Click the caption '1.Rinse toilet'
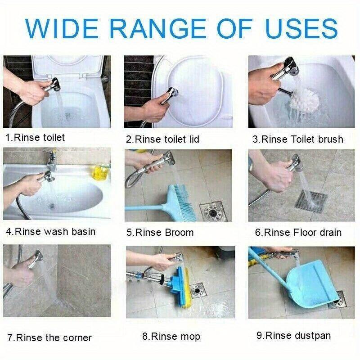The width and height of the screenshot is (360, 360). [x=35, y=138]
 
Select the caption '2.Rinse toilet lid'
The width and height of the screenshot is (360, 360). [x=162, y=139]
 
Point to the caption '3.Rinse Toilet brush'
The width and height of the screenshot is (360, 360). [x=297, y=139]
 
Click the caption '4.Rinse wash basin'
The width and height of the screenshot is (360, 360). [x=50, y=232]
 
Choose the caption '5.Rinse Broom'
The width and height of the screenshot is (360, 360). [x=160, y=233]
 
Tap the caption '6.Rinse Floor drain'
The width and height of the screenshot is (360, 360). [x=298, y=233]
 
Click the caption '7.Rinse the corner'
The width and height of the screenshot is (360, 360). [x=49, y=337]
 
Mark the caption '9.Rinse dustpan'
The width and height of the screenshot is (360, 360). [x=293, y=335]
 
